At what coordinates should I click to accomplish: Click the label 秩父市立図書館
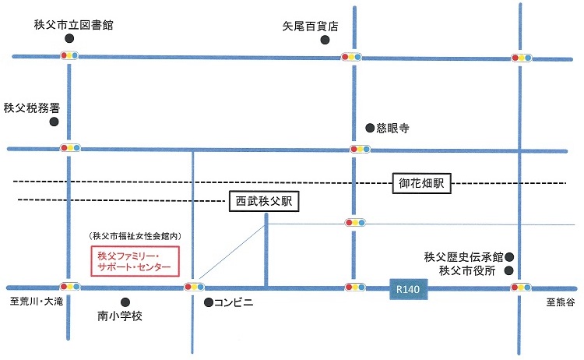click(74, 25)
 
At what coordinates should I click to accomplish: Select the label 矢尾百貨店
click(311, 26)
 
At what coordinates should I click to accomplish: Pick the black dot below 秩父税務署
click(54, 122)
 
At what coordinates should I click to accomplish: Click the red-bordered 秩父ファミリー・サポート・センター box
click(135, 261)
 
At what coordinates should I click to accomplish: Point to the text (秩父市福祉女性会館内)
click(135, 236)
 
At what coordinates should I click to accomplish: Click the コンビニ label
click(235, 302)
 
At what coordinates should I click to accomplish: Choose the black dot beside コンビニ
click(208, 302)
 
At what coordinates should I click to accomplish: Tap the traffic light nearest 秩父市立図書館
click(70, 56)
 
